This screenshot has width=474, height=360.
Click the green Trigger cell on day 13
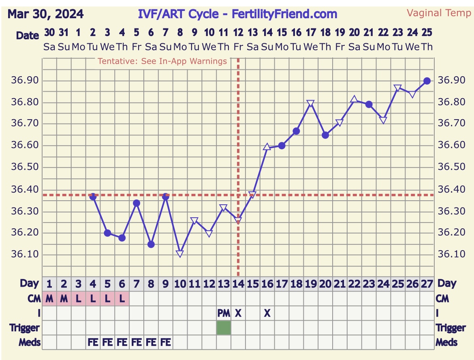224,328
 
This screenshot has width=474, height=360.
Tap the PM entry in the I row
224,313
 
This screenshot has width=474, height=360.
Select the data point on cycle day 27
427,81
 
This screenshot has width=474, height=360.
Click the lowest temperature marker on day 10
180,254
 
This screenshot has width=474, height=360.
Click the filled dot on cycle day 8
151,244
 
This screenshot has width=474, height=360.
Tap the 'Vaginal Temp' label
439,13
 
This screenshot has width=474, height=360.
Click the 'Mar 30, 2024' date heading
46,14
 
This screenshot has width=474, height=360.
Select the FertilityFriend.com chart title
237,14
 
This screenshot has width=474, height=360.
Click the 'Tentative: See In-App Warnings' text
162,62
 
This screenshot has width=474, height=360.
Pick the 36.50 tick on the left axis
25,167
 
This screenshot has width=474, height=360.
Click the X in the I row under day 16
267,313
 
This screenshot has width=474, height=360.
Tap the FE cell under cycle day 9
165,343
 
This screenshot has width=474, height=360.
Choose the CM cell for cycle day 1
49,299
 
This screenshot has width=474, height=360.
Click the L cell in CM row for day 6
122,299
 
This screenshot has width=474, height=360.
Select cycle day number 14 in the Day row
238,284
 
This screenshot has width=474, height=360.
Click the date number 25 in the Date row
427,32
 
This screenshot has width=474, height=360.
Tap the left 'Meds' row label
30,343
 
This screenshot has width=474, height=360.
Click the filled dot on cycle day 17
282,146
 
